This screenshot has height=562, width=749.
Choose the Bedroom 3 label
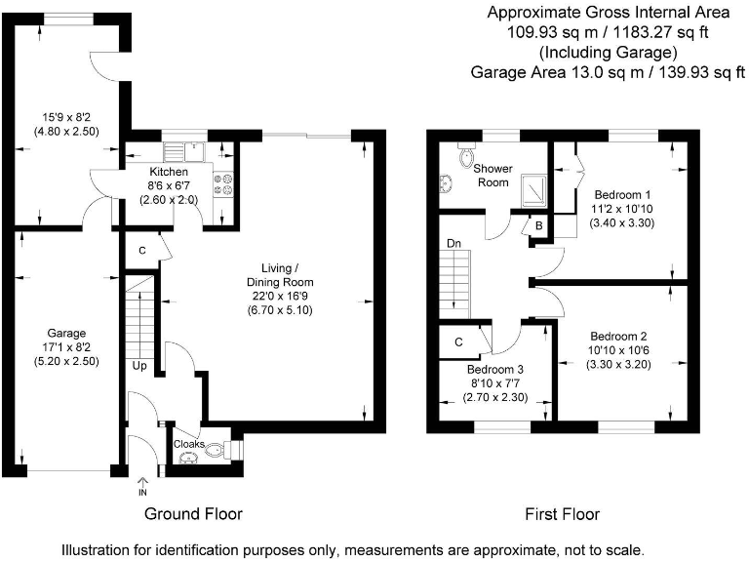pos(495,371)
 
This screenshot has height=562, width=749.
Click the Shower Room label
pos(493,175)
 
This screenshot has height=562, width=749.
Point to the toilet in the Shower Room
pos(465,155)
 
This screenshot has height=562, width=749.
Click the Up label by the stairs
pos(140,366)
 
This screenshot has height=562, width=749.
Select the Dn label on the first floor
pos(453,243)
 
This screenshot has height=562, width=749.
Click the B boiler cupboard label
pos(536,225)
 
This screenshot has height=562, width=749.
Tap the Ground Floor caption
pos(193,513)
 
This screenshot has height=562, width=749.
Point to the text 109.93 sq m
pos(541,32)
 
